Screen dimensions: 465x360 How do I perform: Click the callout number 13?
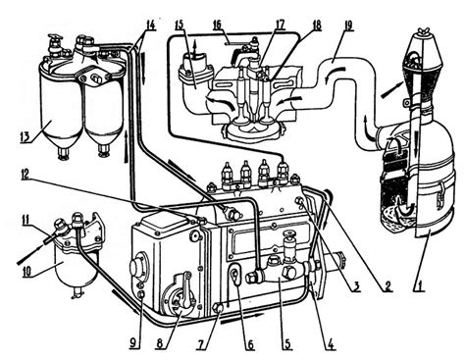pyautogui.click(x=26, y=136)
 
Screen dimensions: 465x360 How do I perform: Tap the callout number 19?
pyautogui.click(x=349, y=26)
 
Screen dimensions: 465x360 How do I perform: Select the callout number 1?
pyautogui.click(x=420, y=285)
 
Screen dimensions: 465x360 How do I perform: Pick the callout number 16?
pyautogui.click(x=217, y=25)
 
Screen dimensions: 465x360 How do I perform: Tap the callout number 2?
pyautogui.click(x=387, y=286)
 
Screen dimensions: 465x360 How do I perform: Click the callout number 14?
pyautogui.click(x=150, y=25)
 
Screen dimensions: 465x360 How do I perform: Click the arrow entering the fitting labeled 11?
pyautogui.click(x=30, y=255)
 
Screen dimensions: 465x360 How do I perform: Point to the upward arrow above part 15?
pyautogui.click(x=196, y=48)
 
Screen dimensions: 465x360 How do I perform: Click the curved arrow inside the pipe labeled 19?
pyautogui.click(x=335, y=72)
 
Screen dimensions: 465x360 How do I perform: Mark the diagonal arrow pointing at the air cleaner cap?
pyautogui.click(x=393, y=89)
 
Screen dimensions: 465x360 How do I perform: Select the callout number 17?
pyautogui.click(x=280, y=25)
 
